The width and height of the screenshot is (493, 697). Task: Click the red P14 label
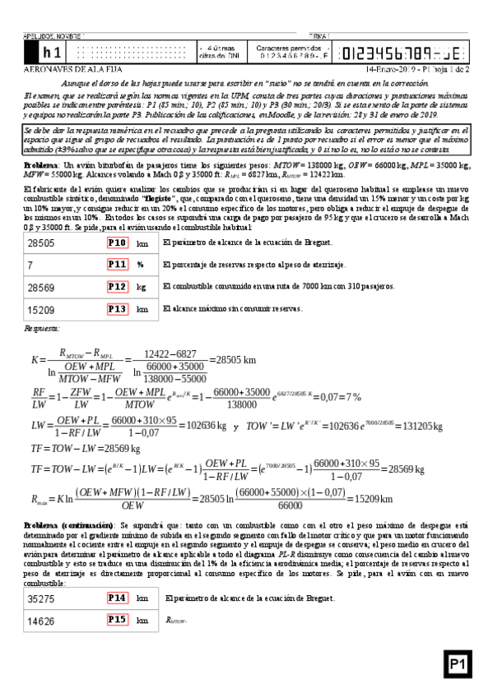pos(118,599)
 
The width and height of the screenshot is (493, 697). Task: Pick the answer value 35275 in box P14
pos(41,599)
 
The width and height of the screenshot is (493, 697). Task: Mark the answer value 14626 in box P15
pos(41,621)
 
